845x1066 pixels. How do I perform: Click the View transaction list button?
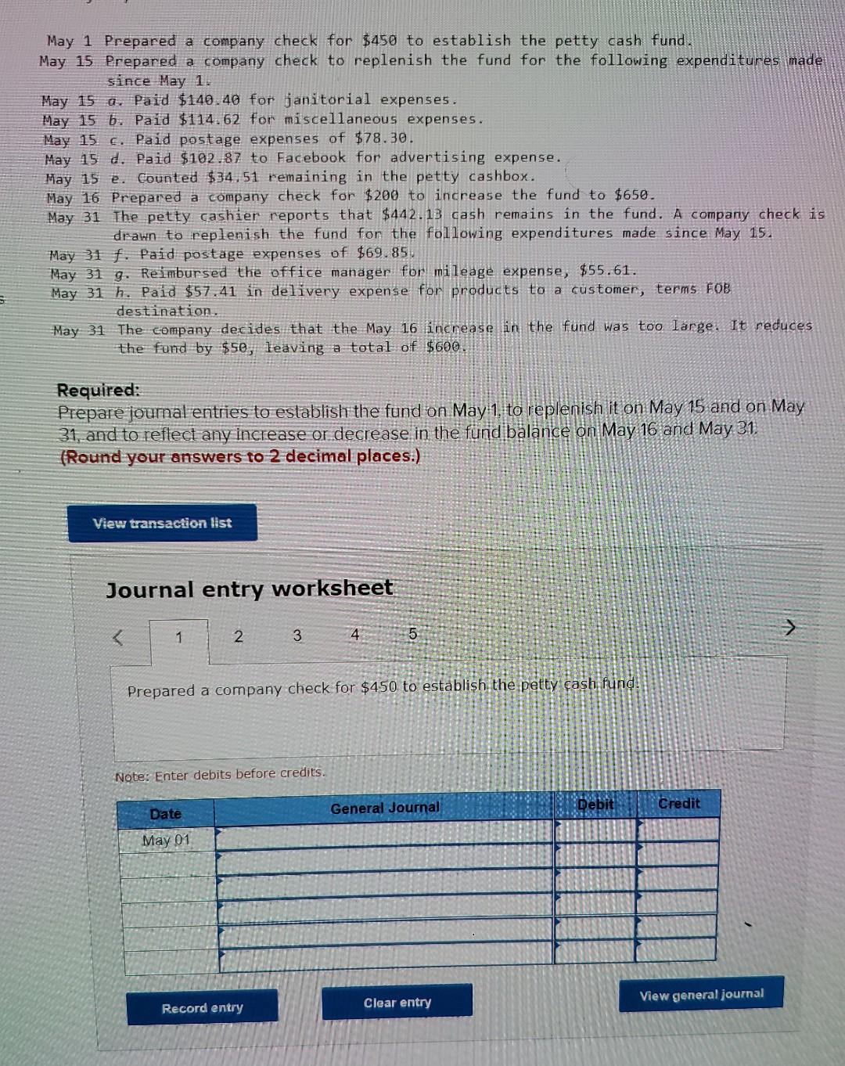[x=162, y=523]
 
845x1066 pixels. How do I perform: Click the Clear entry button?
[x=397, y=1003]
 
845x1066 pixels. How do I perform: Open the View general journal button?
[x=701, y=995]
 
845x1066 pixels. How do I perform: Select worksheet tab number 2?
[x=239, y=636]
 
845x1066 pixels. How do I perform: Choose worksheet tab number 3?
[x=297, y=636]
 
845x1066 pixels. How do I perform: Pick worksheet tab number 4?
[x=355, y=635]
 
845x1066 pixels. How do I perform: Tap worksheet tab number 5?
[x=412, y=634]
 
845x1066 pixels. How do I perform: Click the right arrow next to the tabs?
[x=790, y=627]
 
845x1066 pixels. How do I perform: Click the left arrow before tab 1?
[x=118, y=639]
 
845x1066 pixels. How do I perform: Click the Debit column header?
[x=595, y=804]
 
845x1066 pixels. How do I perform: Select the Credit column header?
[x=678, y=804]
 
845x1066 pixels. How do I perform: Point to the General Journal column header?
[x=384, y=808]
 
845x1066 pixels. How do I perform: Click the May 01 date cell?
[x=166, y=841]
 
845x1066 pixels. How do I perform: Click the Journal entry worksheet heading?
[x=250, y=589]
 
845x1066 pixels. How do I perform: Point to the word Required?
[x=98, y=390]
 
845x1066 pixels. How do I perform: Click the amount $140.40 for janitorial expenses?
[x=208, y=100]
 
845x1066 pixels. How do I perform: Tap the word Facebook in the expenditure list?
[x=311, y=157]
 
